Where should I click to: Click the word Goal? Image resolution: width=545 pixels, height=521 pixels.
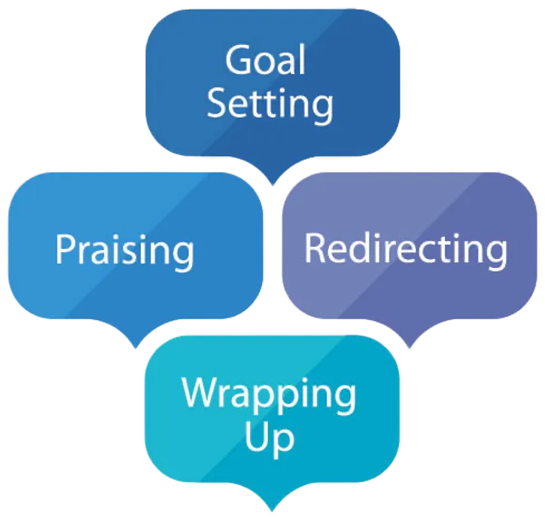coord(266,60)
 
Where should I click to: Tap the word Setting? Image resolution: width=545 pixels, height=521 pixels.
coord(269,104)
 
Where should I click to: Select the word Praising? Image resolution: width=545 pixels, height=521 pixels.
coord(124,250)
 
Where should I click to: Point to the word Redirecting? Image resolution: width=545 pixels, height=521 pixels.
coord(405,248)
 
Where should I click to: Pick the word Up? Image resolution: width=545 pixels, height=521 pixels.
coord(269,437)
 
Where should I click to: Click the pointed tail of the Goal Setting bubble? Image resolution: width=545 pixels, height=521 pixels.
coord(272,178)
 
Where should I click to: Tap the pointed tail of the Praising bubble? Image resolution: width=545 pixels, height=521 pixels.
coord(135,343)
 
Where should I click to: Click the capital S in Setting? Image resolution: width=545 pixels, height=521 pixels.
coord(218,104)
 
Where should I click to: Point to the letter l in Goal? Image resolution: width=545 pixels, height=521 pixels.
coord(303,59)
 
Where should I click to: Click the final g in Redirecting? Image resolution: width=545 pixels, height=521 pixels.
coord(495,253)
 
